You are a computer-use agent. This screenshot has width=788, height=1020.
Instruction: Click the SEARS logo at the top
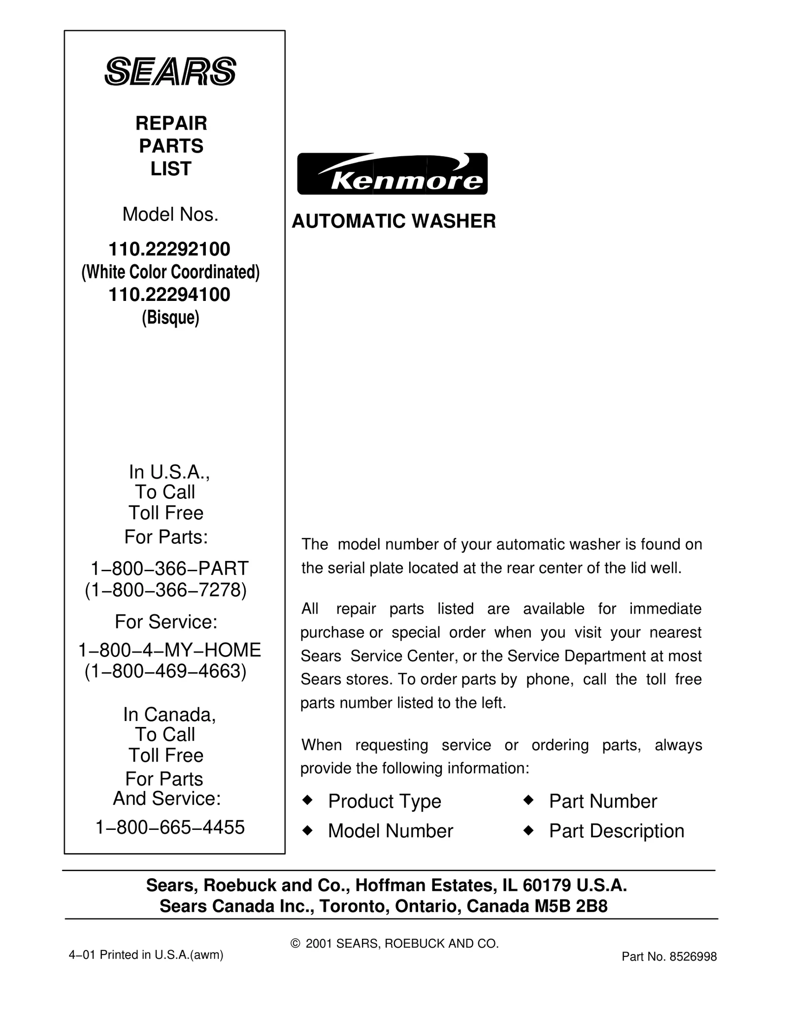tap(170, 72)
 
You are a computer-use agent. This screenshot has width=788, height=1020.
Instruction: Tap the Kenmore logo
tap(392, 174)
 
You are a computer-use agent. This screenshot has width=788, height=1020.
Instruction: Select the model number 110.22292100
tap(169, 250)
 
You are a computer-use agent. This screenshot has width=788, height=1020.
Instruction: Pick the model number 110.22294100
tap(169, 295)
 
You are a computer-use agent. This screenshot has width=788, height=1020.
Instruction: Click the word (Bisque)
tap(170, 318)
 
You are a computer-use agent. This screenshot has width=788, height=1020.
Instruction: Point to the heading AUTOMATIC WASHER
tap(394, 221)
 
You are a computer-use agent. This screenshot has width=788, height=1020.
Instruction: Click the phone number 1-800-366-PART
tap(169, 568)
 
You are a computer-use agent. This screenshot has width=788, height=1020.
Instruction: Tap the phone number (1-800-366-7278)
tap(165, 590)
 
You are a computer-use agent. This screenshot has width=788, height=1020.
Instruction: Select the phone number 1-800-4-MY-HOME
tap(169, 650)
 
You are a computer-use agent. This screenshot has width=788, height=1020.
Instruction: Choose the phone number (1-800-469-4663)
tap(165, 671)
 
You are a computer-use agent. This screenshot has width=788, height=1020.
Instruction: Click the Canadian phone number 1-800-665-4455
tap(169, 827)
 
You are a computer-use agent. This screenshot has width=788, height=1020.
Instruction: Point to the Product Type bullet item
tap(384, 801)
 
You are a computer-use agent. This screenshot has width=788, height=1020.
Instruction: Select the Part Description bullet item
tap(616, 831)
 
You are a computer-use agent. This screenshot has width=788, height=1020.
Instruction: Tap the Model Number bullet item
tap(390, 831)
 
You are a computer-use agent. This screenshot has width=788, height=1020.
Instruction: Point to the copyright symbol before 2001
tap(295, 944)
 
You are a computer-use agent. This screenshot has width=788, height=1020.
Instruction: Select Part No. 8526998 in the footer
tap(669, 957)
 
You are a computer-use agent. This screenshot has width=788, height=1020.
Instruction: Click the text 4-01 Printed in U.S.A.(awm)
tap(146, 955)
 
